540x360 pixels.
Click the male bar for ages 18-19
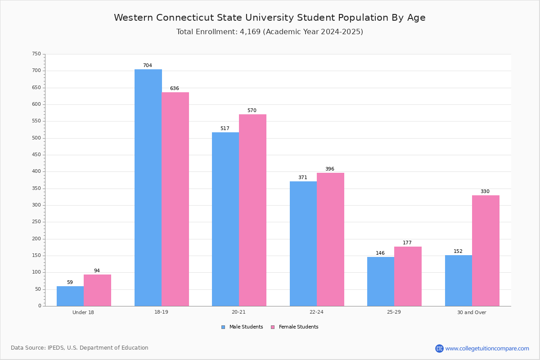click(148, 188)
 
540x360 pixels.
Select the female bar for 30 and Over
click(486, 251)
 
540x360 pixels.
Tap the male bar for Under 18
click(70, 296)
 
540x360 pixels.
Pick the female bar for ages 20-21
click(252, 210)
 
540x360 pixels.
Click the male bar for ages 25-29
click(381, 282)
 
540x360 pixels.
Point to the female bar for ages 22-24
click(330, 239)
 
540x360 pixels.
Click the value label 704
click(148, 65)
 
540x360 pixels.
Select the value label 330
click(485, 191)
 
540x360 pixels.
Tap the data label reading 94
click(97, 270)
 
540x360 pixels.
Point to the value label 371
click(303, 177)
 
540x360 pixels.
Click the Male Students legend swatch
click(223, 327)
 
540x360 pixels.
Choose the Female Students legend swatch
click(273, 327)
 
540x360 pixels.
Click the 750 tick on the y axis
click(36, 54)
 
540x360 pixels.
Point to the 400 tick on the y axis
click(36, 171)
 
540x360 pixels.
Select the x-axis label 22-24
click(316, 312)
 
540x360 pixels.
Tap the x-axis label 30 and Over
click(472, 312)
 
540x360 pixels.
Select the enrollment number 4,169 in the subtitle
click(250, 32)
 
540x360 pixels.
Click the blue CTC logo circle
click(439, 348)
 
